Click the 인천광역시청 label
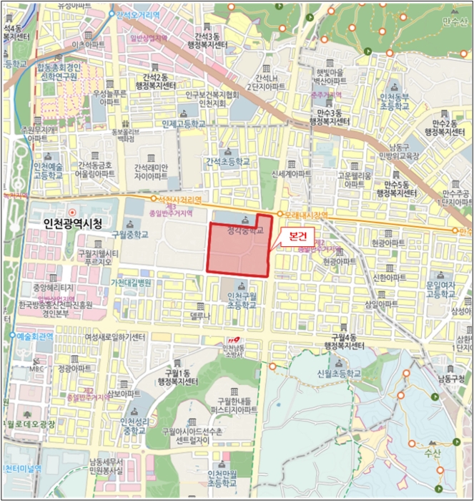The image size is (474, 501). [x=74, y=225]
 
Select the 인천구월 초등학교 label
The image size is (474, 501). [x=236, y=301]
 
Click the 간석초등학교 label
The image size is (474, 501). [x=227, y=162]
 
